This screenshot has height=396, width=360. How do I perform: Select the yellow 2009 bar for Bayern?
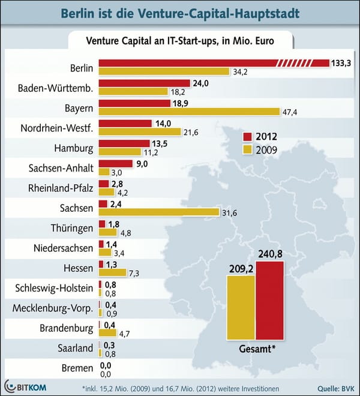click(x=189, y=112)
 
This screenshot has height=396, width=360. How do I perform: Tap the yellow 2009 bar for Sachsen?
click(x=158, y=212)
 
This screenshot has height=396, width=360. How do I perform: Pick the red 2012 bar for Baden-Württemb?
click(x=136, y=83)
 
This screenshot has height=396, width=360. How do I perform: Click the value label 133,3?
click(x=341, y=63)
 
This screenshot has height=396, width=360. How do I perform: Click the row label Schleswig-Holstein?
click(x=53, y=289)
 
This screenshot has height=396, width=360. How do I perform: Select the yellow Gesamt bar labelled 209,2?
click(x=241, y=307)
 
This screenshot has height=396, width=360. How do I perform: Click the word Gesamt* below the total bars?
click(x=255, y=349)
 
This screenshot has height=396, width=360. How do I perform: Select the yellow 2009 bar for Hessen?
click(x=112, y=272)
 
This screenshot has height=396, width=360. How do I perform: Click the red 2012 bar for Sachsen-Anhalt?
click(x=115, y=164)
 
